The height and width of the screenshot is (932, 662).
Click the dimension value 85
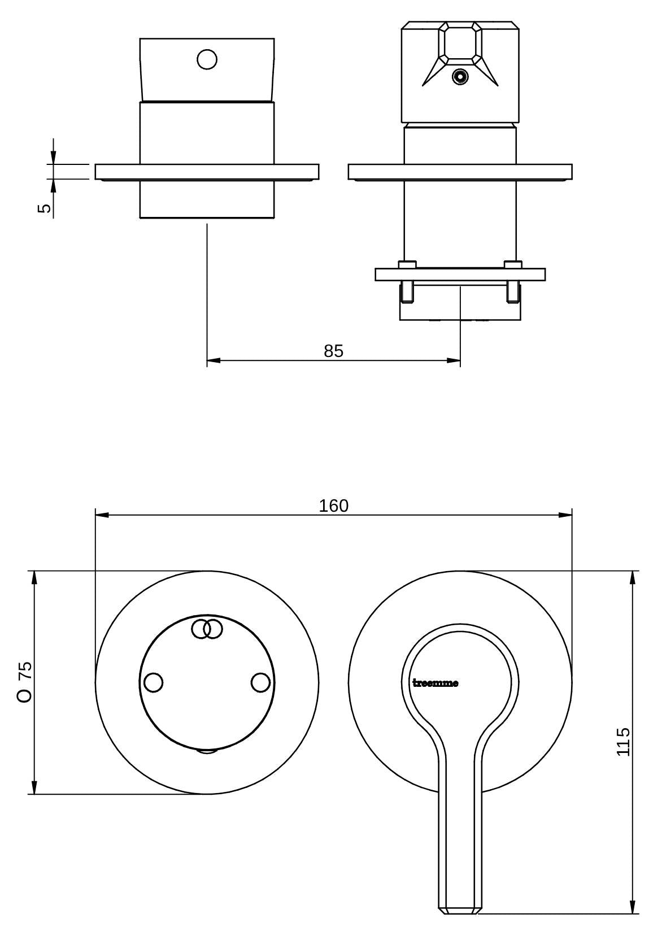333,351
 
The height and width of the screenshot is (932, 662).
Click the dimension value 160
333,506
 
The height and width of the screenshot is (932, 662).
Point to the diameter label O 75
24,683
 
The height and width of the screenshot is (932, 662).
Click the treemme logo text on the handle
435,683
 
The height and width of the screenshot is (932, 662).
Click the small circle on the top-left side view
207,59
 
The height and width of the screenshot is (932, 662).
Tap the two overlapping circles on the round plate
207,629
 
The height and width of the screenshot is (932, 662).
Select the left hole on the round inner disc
153,683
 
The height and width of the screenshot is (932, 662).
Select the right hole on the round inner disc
261,683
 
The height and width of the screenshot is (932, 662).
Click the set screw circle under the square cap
460,77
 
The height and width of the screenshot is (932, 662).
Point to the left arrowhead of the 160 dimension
102,515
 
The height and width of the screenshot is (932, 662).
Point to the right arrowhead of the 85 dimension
454,360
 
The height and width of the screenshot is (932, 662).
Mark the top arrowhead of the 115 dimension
633,577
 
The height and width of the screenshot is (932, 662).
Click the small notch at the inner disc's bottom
207,751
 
